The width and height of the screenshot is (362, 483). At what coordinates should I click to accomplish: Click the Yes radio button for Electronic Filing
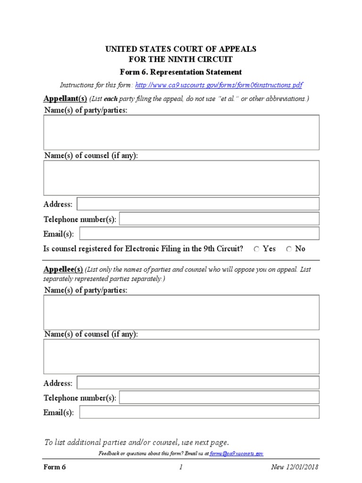257,249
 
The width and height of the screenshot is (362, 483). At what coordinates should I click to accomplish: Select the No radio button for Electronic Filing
289,249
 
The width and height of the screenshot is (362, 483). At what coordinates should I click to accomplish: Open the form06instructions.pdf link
219,85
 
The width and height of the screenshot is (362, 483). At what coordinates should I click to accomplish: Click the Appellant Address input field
198,204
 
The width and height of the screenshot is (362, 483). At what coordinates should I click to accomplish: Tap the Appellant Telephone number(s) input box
219,219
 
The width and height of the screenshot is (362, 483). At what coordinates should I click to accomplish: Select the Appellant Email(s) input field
199,233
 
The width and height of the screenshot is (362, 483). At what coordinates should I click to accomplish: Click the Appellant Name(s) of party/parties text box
181,133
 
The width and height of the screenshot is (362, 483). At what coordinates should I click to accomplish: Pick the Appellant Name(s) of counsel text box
181,178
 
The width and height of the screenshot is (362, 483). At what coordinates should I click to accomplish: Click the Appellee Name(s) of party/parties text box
181,312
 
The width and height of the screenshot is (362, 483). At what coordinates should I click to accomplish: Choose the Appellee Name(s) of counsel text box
181,357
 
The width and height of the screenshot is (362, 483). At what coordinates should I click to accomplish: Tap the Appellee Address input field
198,383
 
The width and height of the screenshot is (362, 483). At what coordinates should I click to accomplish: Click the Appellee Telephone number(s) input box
219,397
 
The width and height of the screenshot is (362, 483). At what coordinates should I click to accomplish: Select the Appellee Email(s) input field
199,412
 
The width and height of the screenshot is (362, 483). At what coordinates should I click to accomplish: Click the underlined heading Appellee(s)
63,270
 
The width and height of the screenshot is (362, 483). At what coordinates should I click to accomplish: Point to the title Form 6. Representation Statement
181,72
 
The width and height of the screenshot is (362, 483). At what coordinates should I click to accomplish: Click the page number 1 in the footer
181,467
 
